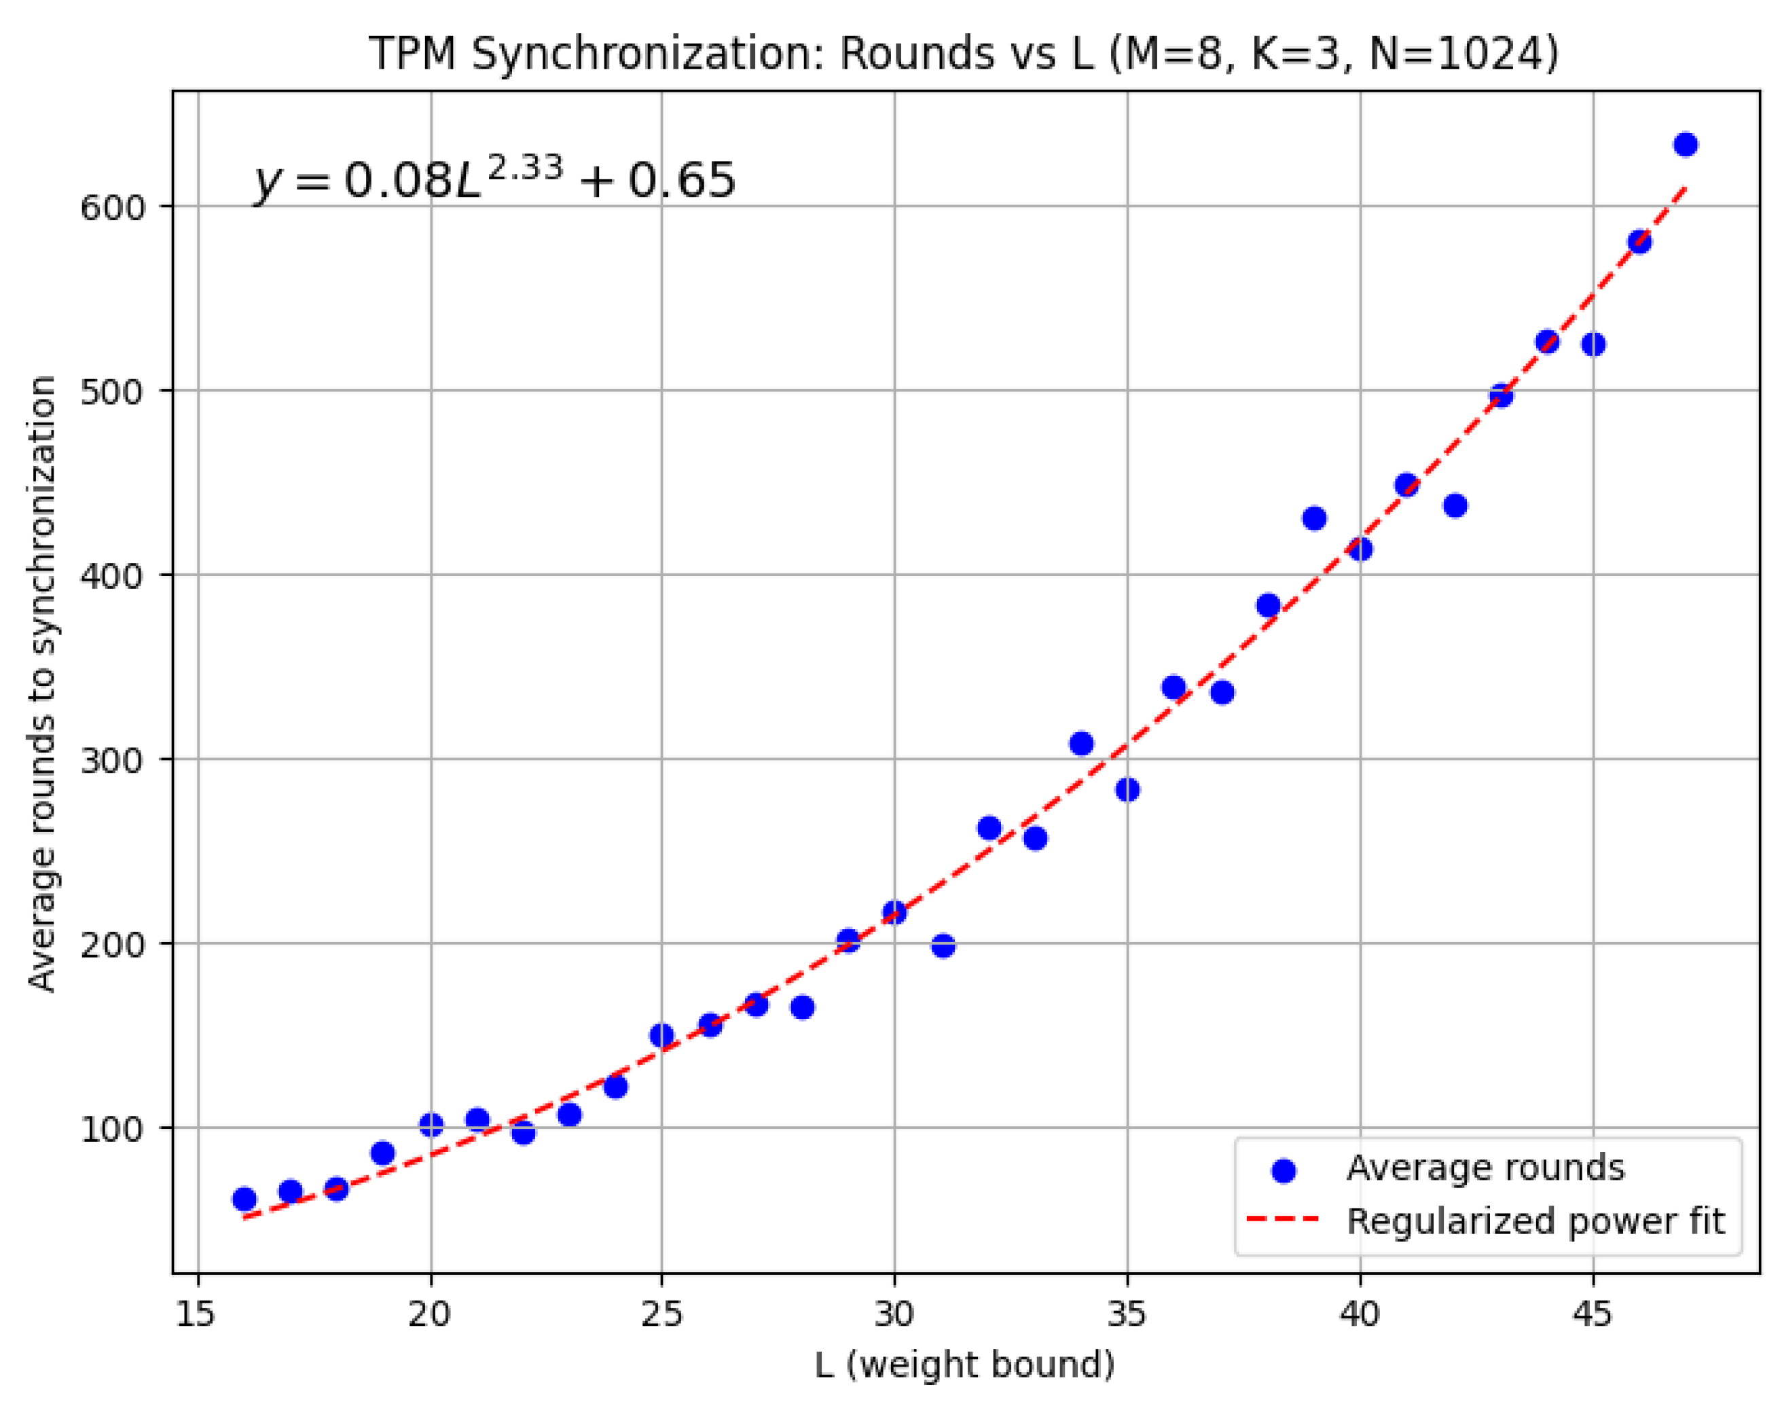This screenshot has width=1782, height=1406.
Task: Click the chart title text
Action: (x=963, y=54)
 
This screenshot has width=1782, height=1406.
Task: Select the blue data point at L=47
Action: (x=1685, y=145)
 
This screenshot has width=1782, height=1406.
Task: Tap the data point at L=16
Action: (x=244, y=1199)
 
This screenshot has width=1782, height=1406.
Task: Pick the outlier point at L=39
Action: (x=1315, y=519)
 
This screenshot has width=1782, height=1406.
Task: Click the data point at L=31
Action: (x=943, y=946)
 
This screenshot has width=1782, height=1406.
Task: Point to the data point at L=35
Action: (x=1127, y=789)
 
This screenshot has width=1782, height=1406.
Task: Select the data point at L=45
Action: (x=1593, y=344)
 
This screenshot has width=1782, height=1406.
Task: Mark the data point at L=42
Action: (x=1455, y=505)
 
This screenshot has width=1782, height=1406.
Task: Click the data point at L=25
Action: (x=661, y=1036)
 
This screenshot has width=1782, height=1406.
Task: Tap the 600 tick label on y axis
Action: (x=112, y=206)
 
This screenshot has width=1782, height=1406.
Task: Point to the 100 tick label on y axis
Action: (x=112, y=1129)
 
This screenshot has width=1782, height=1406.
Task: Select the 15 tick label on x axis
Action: (x=198, y=1314)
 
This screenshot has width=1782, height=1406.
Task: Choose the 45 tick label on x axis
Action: (x=1593, y=1314)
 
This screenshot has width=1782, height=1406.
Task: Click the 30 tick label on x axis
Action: (x=894, y=1314)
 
